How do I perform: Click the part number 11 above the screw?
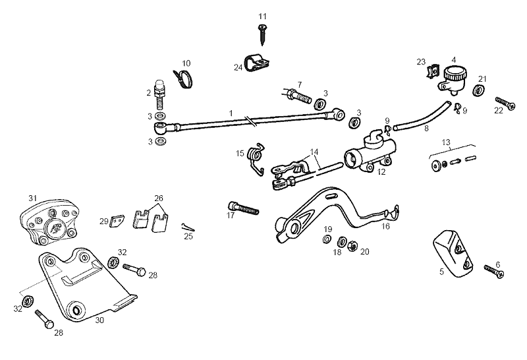click(263, 16)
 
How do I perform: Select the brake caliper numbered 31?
click(50, 222)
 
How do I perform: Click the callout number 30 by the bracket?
click(99, 320)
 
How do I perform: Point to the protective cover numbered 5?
click(451, 253)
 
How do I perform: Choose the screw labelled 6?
click(493, 270)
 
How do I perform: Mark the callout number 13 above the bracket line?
click(446, 142)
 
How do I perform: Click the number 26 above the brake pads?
click(158, 198)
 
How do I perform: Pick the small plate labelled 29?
click(117, 220)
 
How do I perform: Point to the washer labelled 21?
click(478, 90)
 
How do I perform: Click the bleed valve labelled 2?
click(159, 94)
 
